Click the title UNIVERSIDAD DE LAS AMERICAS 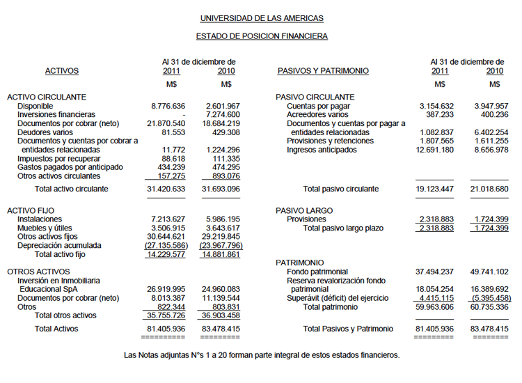click(262, 18)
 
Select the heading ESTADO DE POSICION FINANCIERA click(262, 36)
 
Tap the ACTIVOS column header click(62, 71)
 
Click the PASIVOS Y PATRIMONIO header click(323, 71)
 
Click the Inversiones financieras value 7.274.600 click(223, 114)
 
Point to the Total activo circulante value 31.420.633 click(166, 189)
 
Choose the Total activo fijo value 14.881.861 click(221, 254)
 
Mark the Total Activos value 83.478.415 click(221, 328)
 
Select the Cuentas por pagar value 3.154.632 click(436, 106)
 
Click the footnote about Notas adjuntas click(262, 355)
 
